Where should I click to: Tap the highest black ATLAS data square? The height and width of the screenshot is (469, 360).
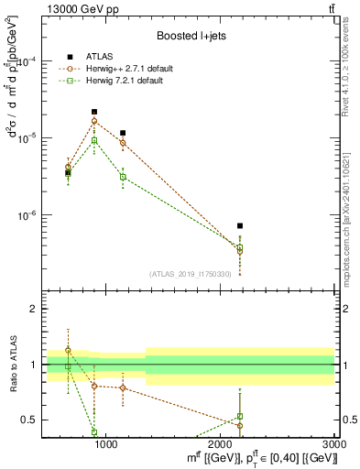(94, 112)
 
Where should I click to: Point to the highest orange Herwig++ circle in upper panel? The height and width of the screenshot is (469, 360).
(94, 121)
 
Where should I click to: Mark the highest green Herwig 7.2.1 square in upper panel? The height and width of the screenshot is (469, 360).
(94, 140)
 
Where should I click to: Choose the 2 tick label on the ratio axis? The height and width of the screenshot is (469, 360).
(35, 310)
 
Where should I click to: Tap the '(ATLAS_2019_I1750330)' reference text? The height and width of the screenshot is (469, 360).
(191, 274)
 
